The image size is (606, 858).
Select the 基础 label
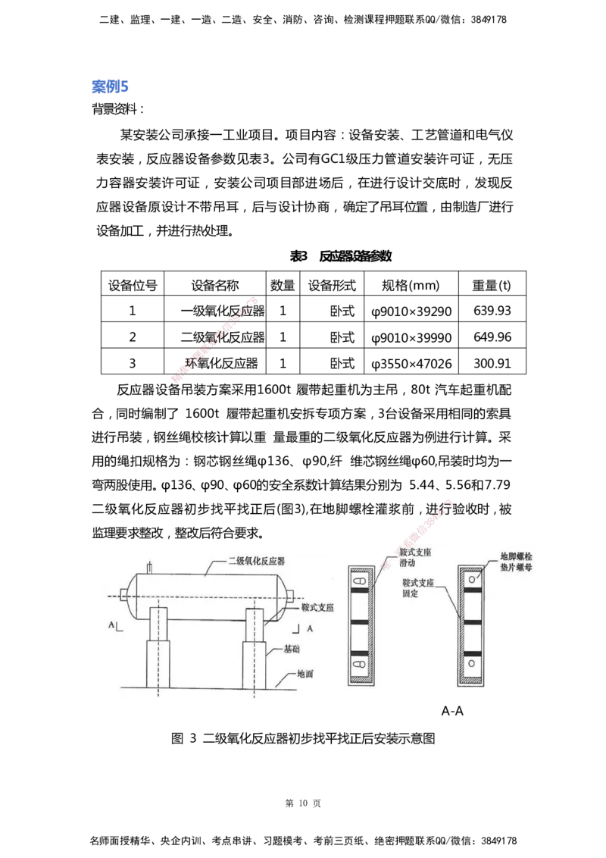click(293, 650)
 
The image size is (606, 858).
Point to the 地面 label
click(305, 673)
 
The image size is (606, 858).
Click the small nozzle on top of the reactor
click(151, 567)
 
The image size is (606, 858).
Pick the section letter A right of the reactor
click(309, 628)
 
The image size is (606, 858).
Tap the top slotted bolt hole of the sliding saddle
click(360, 581)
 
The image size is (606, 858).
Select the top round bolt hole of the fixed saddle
click(471, 580)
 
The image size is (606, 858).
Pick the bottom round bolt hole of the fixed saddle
click(471, 664)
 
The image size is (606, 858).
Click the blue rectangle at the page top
click(111, 87)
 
